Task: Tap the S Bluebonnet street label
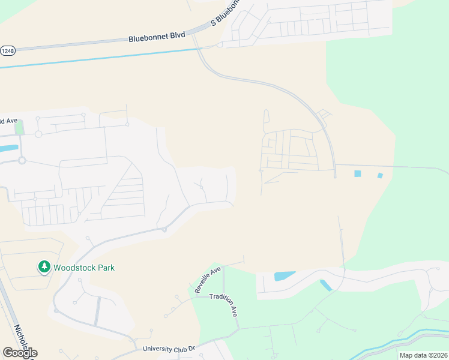tap(225, 13)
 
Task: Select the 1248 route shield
tap(7, 51)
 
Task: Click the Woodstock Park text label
tap(84, 268)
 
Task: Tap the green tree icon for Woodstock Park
tap(44, 266)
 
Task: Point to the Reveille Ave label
tap(208, 279)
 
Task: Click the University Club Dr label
tap(169, 348)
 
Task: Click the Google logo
tap(20, 353)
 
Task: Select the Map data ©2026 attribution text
tap(423, 355)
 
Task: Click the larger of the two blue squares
tap(358, 173)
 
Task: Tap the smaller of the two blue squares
tap(380, 175)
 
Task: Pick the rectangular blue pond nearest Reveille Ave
tap(285, 276)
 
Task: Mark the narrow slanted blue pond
tap(326, 286)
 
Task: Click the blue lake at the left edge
tap(9, 148)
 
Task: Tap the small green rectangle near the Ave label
tap(20, 127)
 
